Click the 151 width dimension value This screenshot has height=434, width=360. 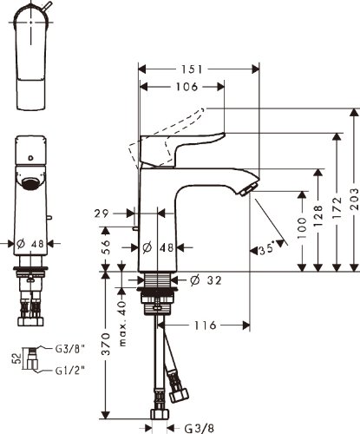[x=192, y=69]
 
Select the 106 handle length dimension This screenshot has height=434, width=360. [x=187, y=87]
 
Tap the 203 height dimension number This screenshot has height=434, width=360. [x=354, y=199]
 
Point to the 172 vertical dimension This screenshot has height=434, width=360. [x=337, y=207]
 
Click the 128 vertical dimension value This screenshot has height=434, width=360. [x=318, y=216]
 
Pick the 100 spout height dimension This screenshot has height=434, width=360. [x=302, y=228]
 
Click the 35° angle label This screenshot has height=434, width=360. [x=266, y=249]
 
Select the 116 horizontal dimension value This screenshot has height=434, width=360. [x=205, y=325]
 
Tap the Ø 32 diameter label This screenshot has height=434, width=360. [x=206, y=280]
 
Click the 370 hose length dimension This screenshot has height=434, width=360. [x=107, y=344]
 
